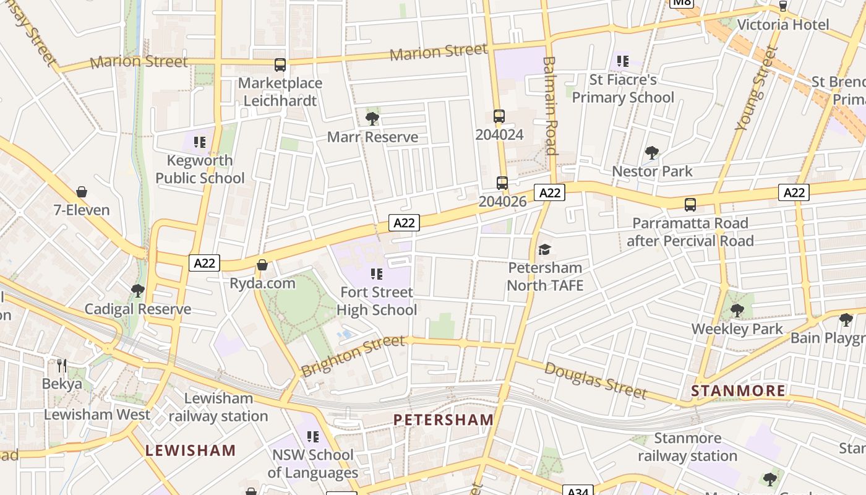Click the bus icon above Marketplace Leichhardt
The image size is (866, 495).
pos(280,64)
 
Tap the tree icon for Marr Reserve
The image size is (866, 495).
pos(372,118)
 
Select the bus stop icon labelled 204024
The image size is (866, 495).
pos(499,116)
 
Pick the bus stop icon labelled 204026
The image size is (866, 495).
pos(502,183)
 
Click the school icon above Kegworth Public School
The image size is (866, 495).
pos(199,142)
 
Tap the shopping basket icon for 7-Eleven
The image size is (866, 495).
pos(81,192)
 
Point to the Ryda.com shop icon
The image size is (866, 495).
pos(262,265)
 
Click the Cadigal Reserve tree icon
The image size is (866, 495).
pos(138,290)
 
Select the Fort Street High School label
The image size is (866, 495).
pos(376,301)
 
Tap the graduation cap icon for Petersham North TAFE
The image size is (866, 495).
pos(544,249)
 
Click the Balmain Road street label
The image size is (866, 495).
pos(550,106)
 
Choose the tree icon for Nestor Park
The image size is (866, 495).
pos(651,152)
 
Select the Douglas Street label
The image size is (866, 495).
pos(596,381)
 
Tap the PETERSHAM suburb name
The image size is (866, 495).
pos(444,420)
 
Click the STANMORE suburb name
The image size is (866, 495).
pos(738,390)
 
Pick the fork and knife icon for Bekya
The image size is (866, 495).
pos(61,366)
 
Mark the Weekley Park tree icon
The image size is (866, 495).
pos(737,310)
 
